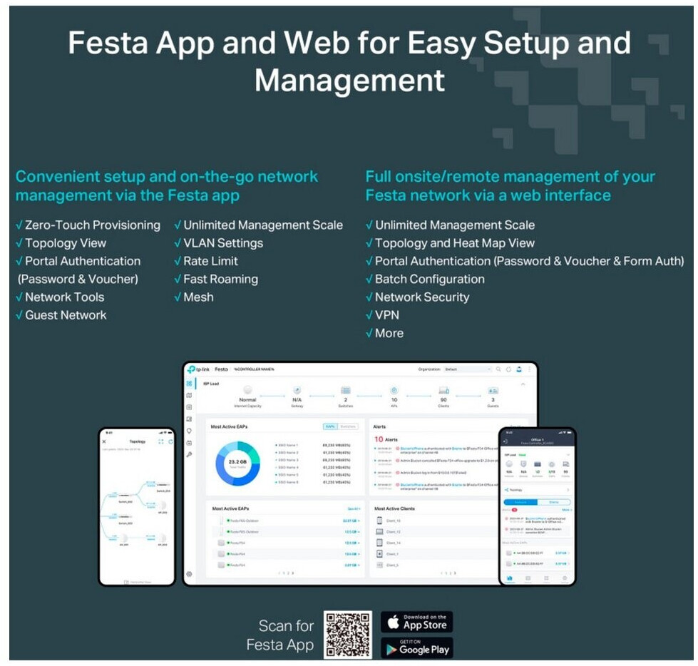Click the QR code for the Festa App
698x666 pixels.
tap(347, 634)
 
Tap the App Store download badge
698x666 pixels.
tap(416, 622)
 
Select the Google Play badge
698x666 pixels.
tap(416, 647)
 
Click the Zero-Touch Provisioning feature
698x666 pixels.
tap(93, 225)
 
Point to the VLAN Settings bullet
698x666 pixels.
tap(223, 243)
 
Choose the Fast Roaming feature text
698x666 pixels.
tap(220, 280)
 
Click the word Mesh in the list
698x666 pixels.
tap(198, 297)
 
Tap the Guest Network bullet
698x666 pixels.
tap(66, 315)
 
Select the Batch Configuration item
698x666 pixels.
tap(429, 280)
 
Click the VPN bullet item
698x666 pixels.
tap(387, 315)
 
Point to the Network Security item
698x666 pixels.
tap(422, 297)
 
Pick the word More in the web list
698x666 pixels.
tap(389, 333)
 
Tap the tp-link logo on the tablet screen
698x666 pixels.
tap(199, 369)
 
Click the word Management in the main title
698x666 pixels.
tap(349, 79)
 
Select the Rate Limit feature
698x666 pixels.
tap(210, 261)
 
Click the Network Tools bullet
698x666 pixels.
tap(64, 297)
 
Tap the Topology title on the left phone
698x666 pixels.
tap(137, 441)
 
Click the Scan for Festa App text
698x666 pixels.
tap(285, 635)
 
